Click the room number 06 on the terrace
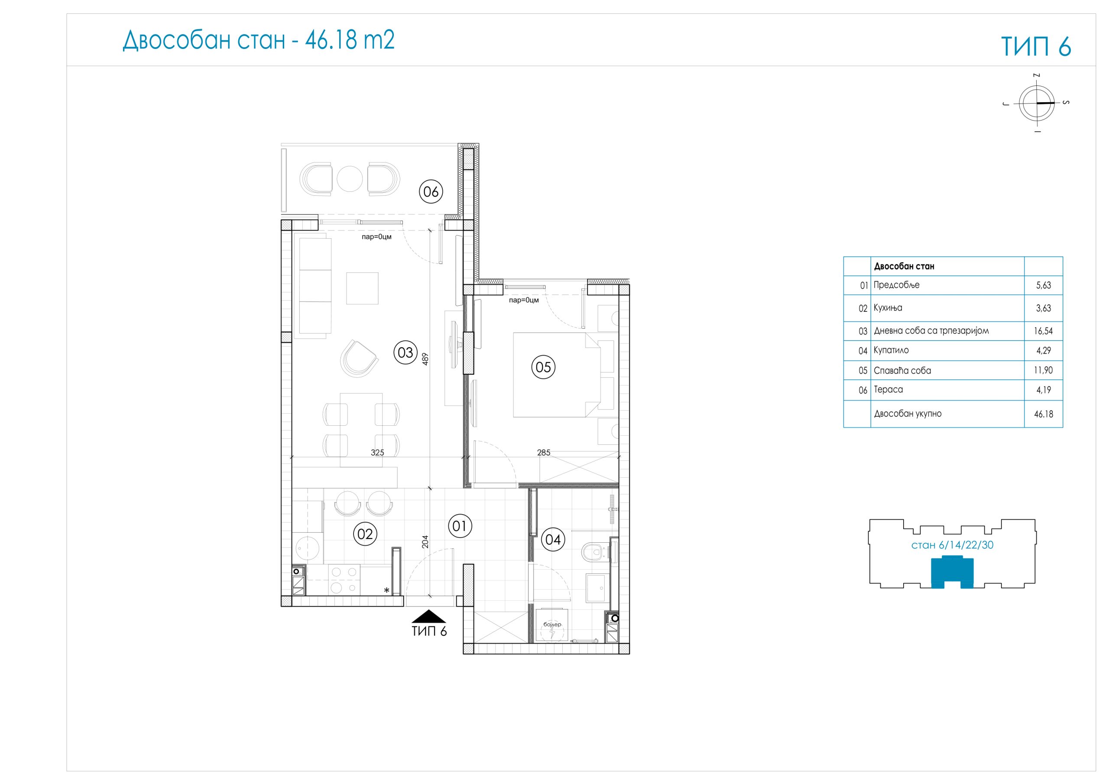pyautogui.click(x=431, y=191)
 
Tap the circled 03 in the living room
pyautogui.click(x=405, y=352)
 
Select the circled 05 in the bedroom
pyautogui.click(x=543, y=367)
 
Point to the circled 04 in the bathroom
pyautogui.click(x=553, y=539)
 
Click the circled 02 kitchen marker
pyautogui.click(x=365, y=534)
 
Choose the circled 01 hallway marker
pyautogui.click(x=460, y=525)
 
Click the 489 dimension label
pyautogui.click(x=425, y=358)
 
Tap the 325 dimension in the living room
pyautogui.click(x=377, y=453)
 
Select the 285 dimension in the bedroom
pyautogui.click(x=543, y=453)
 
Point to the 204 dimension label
pyautogui.click(x=425, y=541)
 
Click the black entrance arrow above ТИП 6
pyautogui.click(x=429, y=616)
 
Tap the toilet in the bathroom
pyautogui.click(x=594, y=551)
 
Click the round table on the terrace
pyautogui.click(x=350, y=179)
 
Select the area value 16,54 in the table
pyautogui.click(x=1043, y=331)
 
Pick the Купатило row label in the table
pyautogui.click(x=891, y=350)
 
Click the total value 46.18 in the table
pyautogui.click(x=1043, y=414)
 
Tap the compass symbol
pyautogui.click(x=1037, y=103)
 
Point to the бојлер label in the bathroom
pyautogui.click(x=552, y=625)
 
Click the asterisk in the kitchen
pyautogui.click(x=386, y=590)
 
